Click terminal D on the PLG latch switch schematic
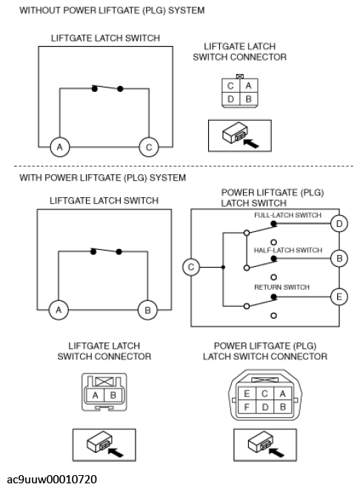pos(339,224)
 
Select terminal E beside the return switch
pos(339,297)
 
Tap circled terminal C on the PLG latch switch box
pos(191,267)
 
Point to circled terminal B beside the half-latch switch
pos(339,259)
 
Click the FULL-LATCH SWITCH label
pos(287,215)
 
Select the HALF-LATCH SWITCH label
pos(288,250)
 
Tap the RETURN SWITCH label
pos(281,287)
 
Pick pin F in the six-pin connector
pos(247,407)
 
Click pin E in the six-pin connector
pos(247,394)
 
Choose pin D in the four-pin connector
pos(230,99)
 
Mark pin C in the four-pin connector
pos(230,86)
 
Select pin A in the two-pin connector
pos(96,395)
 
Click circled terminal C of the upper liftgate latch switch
pos(149,147)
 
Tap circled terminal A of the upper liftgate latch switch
pos(60,147)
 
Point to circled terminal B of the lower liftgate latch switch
pos(147,310)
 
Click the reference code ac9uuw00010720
pos(52,480)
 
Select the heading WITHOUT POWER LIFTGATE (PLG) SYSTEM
pos(112,10)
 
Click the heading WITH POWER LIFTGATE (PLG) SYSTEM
pos(102,178)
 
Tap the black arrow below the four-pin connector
pos(251,143)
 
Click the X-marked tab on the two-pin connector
pos(104,381)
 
